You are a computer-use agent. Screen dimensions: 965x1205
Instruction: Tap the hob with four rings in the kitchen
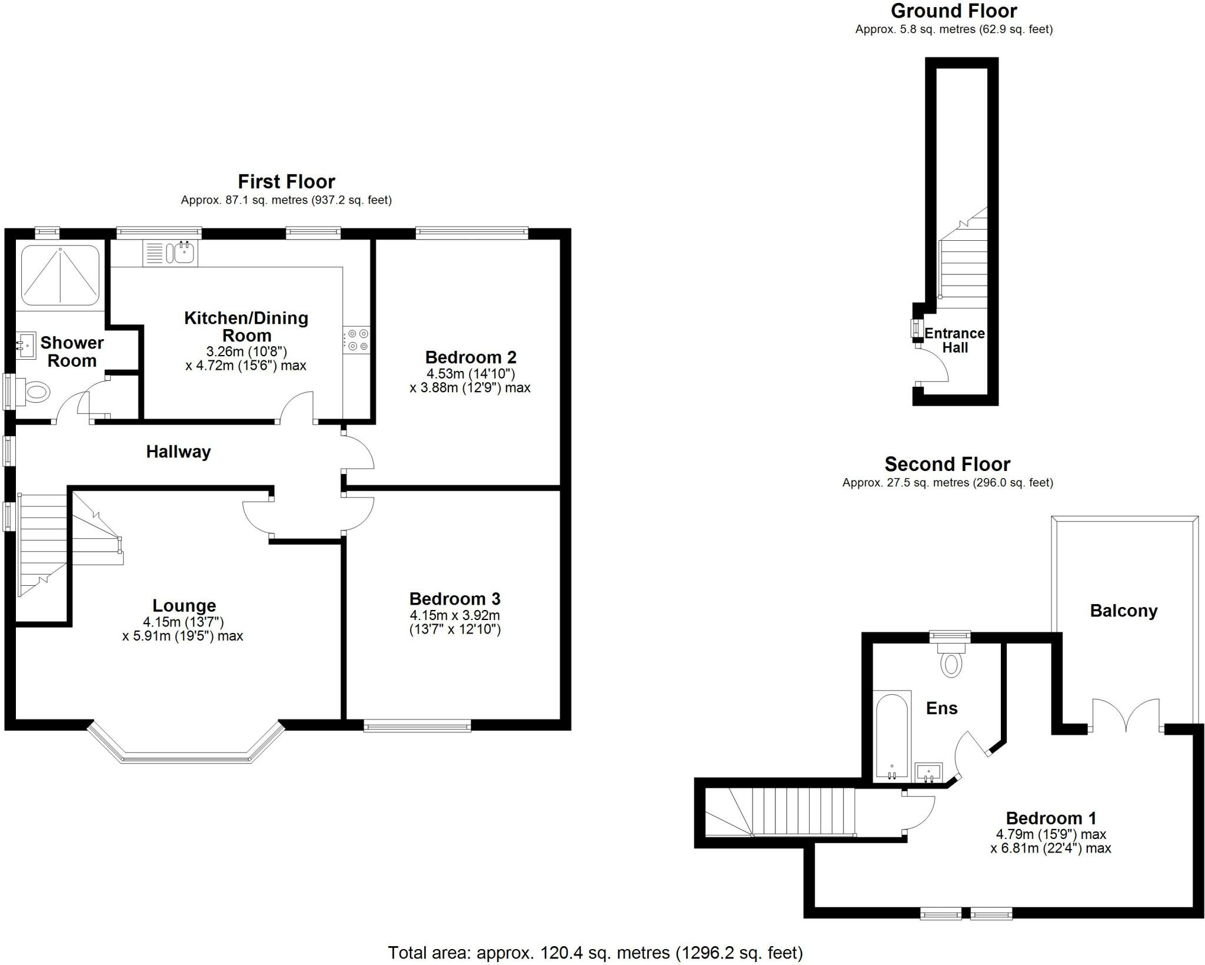coord(356,340)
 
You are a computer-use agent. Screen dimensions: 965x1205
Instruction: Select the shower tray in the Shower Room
coord(60,275)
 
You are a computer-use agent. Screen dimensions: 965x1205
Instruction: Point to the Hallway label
coord(178,452)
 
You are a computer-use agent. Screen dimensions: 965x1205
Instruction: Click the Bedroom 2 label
coord(471,357)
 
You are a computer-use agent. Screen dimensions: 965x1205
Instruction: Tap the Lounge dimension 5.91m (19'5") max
coord(182,636)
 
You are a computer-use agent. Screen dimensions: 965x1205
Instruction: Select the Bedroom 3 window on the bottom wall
coord(417,727)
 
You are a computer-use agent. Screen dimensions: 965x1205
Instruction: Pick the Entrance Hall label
coord(954,340)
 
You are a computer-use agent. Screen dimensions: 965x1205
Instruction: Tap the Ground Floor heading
coord(954,11)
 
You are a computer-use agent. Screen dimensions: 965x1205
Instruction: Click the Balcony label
coord(1123,611)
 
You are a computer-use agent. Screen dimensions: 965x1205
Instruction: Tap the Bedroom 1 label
coord(1051,818)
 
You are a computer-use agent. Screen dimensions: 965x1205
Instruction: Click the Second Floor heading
coord(947,465)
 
